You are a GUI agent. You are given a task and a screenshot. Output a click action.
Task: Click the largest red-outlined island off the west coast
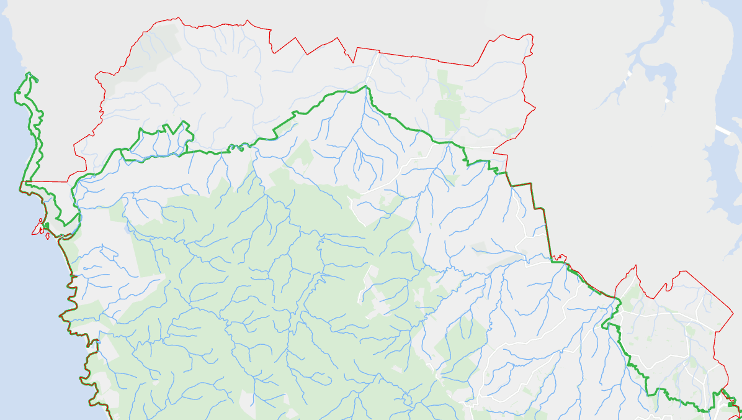[x=38, y=229]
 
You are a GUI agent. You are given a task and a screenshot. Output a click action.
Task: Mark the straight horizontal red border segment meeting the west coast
[x=47, y=182]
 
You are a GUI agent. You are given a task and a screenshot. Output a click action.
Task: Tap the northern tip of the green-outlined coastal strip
[x=28, y=75]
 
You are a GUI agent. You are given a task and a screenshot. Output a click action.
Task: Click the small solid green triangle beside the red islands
[x=47, y=226]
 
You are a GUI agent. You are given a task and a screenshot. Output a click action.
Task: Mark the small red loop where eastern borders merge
[x=561, y=257]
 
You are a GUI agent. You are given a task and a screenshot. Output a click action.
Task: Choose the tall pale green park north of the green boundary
[x=450, y=99]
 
